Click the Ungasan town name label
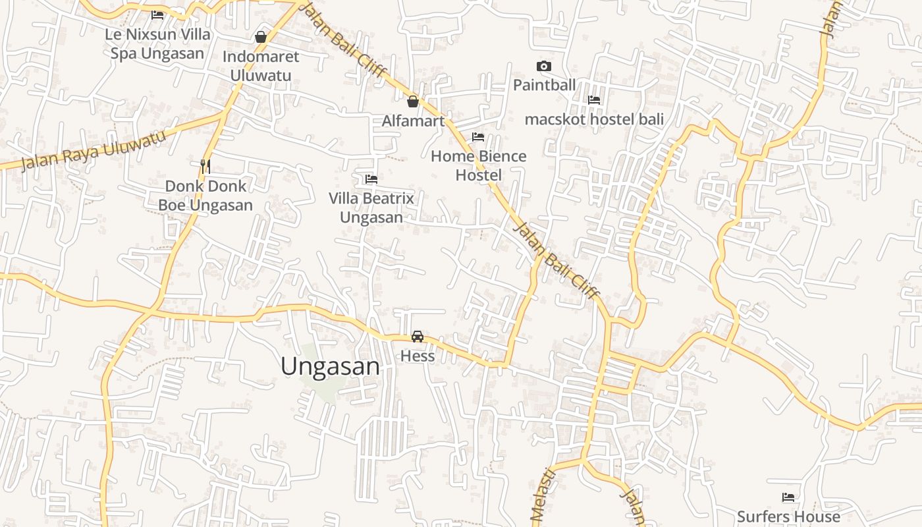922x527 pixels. coord(330,366)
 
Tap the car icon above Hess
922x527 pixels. coord(417,337)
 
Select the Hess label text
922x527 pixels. coord(418,356)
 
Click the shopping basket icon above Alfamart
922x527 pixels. coord(413,101)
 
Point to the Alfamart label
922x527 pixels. coord(413,121)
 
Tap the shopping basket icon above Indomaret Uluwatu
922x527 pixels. coord(261,37)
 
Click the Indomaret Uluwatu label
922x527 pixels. coord(260,66)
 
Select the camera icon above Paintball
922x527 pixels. coord(544,66)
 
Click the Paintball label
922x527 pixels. coord(544,85)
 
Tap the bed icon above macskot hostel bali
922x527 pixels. coord(594,100)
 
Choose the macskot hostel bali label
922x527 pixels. coord(594,119)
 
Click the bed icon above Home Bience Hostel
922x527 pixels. coord(478,137)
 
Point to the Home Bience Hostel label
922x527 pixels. coord(478,165)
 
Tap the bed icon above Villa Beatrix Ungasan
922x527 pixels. coord(371,179)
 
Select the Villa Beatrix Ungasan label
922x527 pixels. coord(371,208)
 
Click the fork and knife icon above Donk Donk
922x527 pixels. coord(205,166)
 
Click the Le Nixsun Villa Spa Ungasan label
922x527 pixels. coord(157,43)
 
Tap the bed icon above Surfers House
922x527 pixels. coord(788,497)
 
